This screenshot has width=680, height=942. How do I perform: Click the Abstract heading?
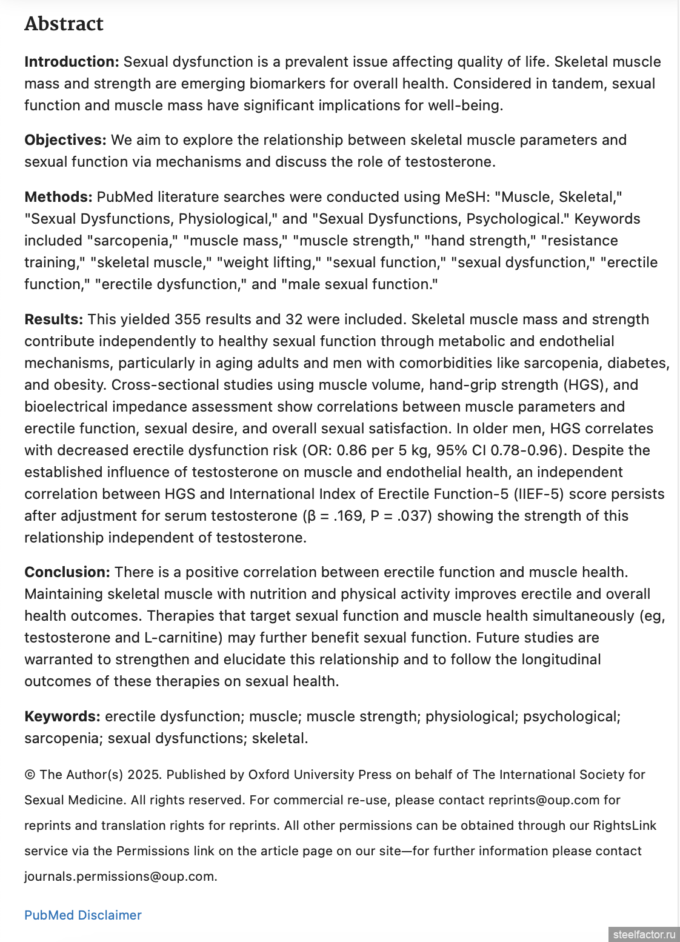click(64, 24)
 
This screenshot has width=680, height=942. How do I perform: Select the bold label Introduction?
click(72, 62)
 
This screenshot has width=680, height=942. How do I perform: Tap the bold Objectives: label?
click(65, 140)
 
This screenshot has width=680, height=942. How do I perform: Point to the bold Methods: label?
click(58, 197)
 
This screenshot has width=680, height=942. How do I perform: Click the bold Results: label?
click(53, 319)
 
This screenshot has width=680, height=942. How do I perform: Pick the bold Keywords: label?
click(62, 717)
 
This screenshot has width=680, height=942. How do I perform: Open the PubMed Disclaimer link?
click(83, 915)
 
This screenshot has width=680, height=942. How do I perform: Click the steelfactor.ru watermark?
click(644, 934)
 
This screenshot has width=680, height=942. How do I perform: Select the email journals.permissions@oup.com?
click(120, 877)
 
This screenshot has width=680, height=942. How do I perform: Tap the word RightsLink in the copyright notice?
click(625, 826)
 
